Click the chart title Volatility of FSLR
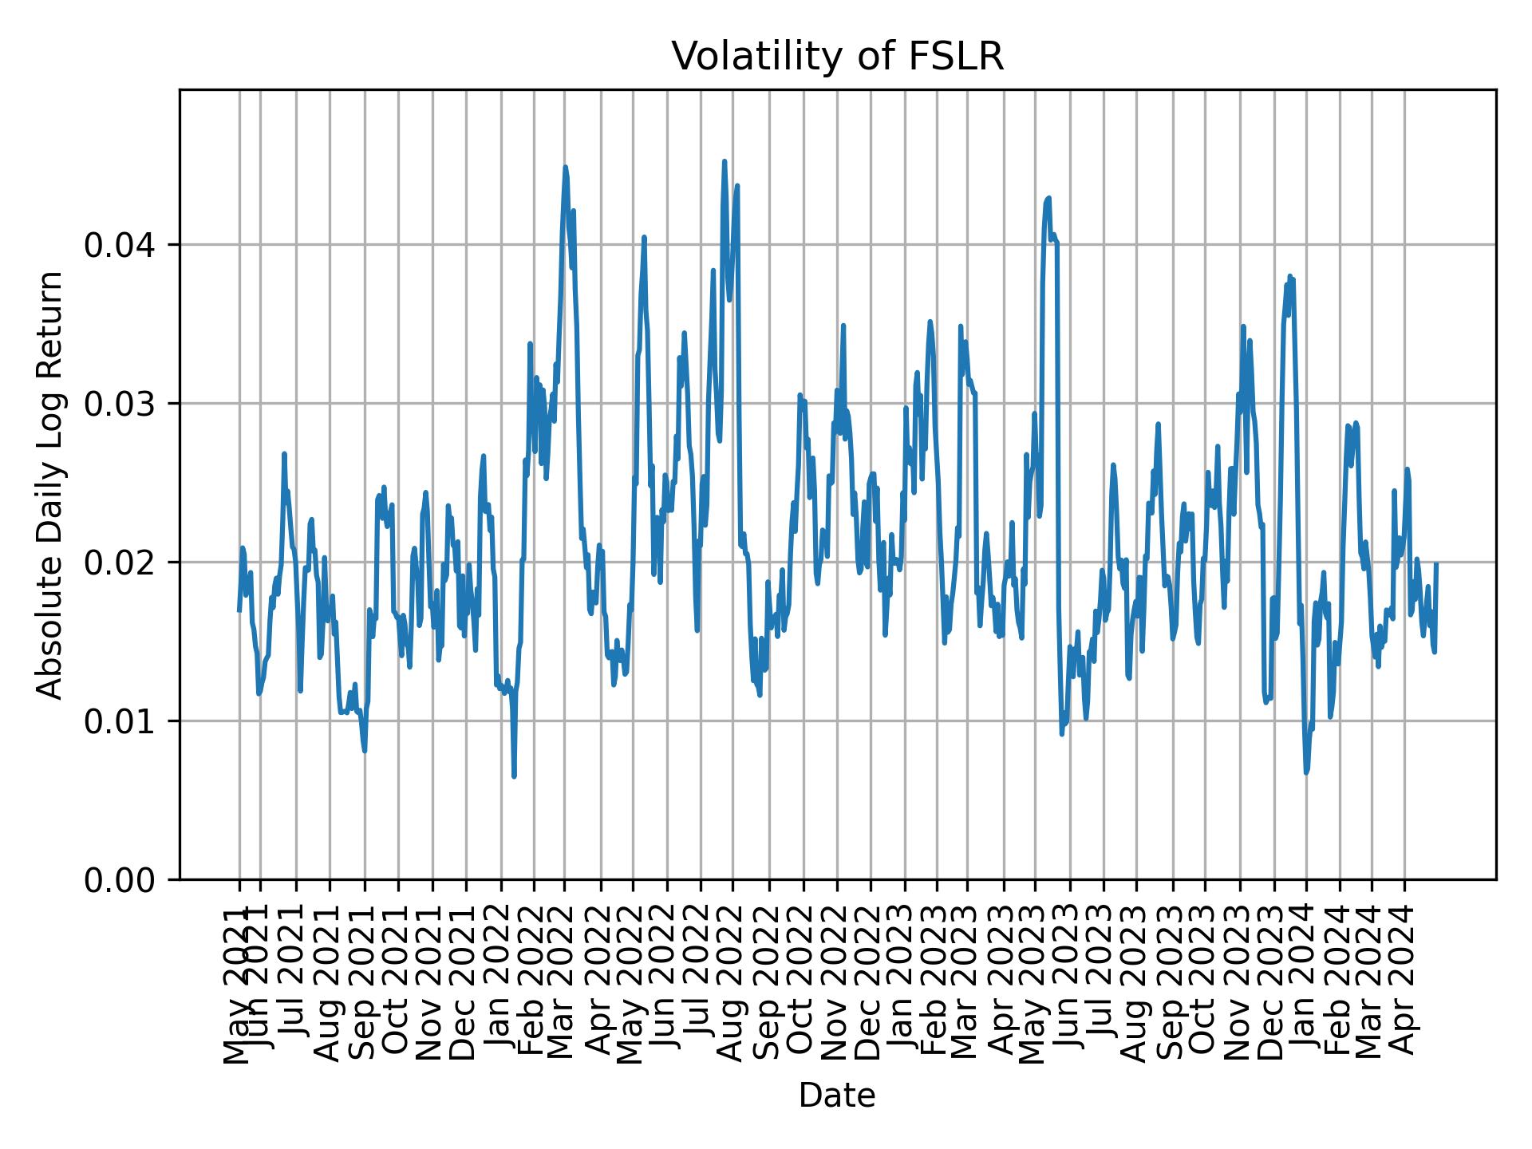(837, 57)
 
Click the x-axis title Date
(837, 1096)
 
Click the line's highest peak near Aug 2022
(725, 161)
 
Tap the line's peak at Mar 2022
(565, 167)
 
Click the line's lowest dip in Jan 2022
(514, 776)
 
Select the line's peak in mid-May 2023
(1049, 198)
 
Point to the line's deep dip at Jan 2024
(1306, 772)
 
